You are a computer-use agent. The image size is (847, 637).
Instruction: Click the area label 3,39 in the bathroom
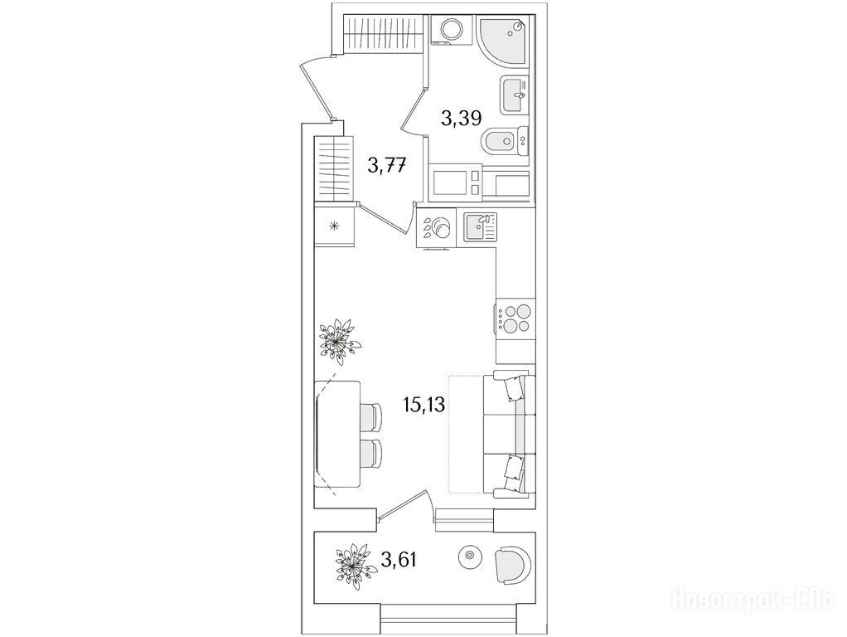point(461,118)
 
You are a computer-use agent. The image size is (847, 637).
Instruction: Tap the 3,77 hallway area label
point(387,164)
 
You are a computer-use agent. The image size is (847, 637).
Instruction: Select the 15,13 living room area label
point(424,404)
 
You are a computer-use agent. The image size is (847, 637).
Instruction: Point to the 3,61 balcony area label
point(399,559)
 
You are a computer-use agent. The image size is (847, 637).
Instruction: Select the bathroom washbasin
point(515,95)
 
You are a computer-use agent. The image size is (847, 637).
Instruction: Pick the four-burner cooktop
point(515,319)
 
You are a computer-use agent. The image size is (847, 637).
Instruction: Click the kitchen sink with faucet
point(480,227)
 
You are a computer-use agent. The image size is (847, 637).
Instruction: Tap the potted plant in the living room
point(339,342)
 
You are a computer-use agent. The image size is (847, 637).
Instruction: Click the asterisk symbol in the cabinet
point(334,226)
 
